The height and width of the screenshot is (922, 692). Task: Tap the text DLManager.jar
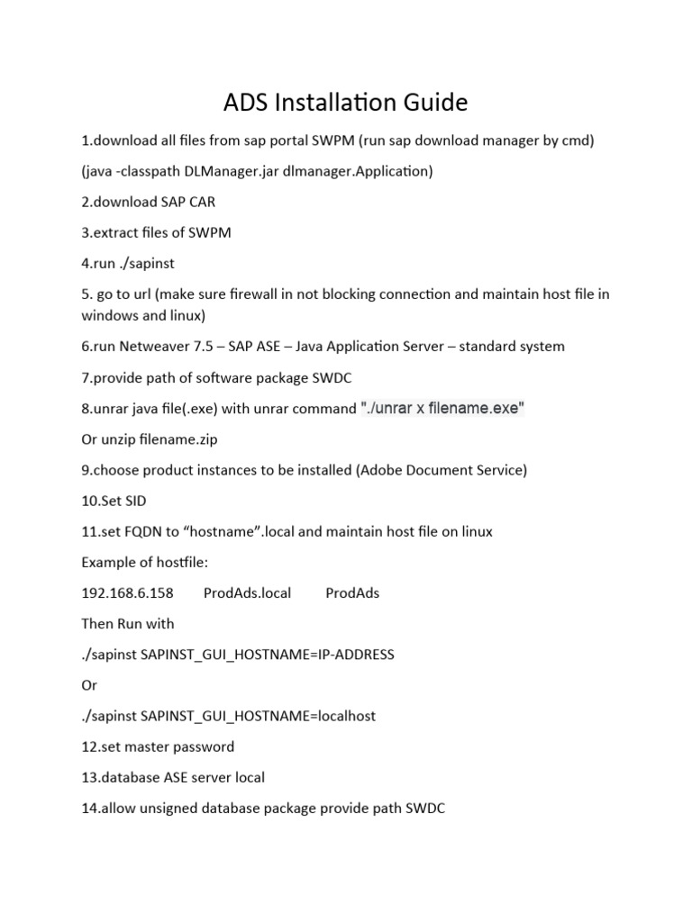[228, 171]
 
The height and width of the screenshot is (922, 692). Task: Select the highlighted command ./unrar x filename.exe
[442, 408]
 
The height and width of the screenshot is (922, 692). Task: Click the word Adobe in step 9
[380, 470]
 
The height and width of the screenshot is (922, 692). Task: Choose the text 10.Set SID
[114, 501]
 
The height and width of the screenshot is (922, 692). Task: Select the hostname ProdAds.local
[248, 592]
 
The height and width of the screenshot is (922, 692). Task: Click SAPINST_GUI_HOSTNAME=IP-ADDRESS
[268, 655]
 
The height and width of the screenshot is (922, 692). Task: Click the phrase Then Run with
[128, 623]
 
